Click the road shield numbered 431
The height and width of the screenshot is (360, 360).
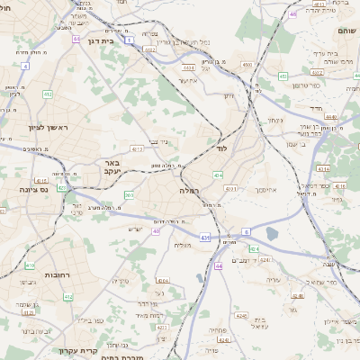coord(205,238)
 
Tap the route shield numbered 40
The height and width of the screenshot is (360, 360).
coord(155,230)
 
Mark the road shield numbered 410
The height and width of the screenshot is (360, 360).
coord(30,265)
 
